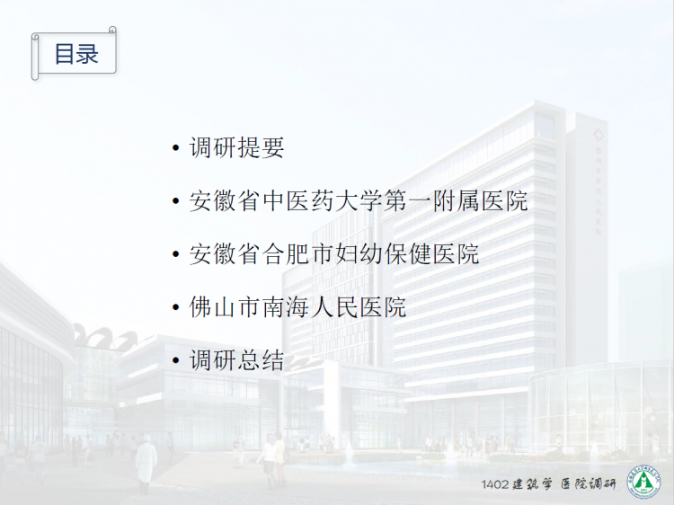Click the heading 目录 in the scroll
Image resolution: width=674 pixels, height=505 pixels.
76,54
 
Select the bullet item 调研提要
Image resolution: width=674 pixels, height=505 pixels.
237,147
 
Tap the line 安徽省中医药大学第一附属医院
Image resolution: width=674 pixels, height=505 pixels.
359,200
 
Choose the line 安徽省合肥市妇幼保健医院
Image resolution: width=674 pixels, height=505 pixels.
334,254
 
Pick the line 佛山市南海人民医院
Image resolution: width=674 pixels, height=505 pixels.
297,307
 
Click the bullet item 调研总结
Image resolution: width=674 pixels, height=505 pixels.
237,360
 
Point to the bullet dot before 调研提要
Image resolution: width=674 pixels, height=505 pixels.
175,148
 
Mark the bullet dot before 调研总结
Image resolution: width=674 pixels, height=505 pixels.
175,360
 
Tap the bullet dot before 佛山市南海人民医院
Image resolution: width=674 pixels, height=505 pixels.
175,307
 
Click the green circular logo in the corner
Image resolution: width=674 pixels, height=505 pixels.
643,482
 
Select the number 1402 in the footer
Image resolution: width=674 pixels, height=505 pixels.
495,484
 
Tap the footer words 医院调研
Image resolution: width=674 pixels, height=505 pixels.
589,484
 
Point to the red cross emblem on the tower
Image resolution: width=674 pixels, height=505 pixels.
598,135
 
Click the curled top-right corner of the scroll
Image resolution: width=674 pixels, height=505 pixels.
112,30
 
